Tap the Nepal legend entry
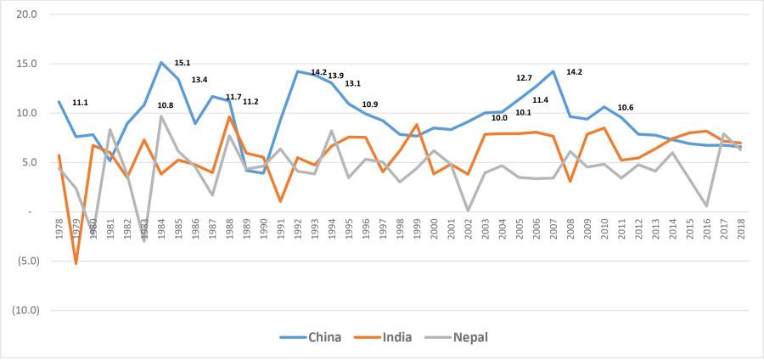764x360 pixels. [x=469, y=337]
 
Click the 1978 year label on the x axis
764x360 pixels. [x=59, y=228]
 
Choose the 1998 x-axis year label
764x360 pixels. [x=399, y=228]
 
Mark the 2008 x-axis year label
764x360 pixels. [x=570, y=228]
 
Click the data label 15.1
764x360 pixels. [x=182, y=63]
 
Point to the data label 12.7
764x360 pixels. [x=524, y=78]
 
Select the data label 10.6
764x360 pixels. [x=626, y=108]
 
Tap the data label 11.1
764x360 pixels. [x=81, y=103]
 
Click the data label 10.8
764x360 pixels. [x=166, y=105]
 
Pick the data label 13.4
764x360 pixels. [x=199, y=80]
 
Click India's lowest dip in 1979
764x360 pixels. [x=76, y=263]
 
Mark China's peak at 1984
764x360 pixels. [x=161, y=62]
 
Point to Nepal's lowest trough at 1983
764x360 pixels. [x=144, y=240]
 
